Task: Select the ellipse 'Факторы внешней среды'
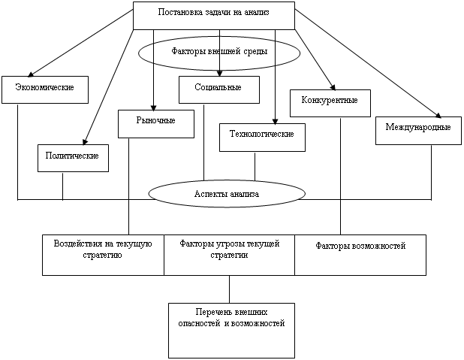pos(218,53)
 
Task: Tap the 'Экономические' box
pos(45,89)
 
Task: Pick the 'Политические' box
pos(73,158)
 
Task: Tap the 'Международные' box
pos(417,129)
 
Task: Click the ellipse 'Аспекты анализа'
pos(221,194)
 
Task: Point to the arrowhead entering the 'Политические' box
pos(84,141)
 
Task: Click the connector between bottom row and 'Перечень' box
pos(229,289)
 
